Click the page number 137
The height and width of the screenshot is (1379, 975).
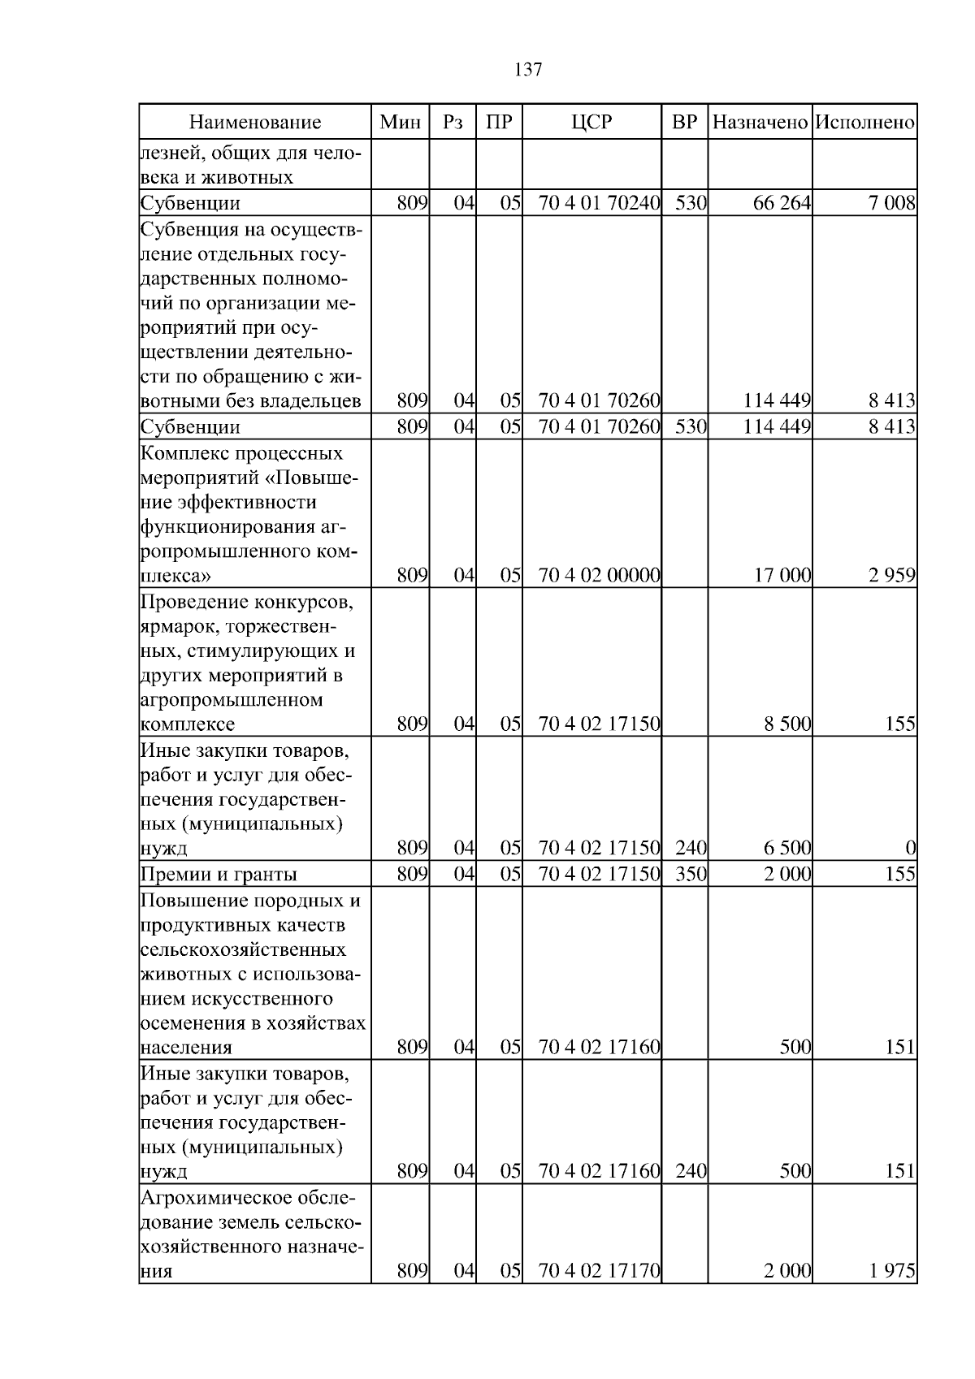(528, 70)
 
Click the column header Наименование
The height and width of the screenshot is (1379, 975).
(255, 123)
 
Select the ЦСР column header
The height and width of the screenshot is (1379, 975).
(591, 123)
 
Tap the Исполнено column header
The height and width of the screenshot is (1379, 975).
(864, 123)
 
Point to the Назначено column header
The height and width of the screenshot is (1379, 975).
(760, 123)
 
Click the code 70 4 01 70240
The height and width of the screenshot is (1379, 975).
(599, 203)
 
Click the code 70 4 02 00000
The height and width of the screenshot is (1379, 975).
(599, 576)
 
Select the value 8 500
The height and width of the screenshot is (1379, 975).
(787, 724)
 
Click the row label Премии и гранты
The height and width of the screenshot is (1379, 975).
(219, 875)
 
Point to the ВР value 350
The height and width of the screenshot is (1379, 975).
(690, 874)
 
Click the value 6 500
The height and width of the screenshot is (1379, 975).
(787, 849)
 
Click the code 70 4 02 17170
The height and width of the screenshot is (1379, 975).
(599, 1271)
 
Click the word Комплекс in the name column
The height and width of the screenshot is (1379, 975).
(182, 453)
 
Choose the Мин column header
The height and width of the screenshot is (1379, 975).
(401, 123)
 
